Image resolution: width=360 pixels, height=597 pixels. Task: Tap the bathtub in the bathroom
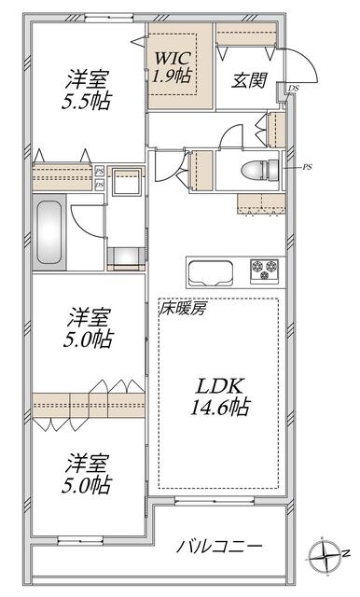(x=49, y=232)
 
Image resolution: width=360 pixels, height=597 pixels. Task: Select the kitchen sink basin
(x=211, y=272)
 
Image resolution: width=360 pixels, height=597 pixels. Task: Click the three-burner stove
(x=265, y=270)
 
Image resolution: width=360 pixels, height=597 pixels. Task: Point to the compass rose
(x=326, y=556)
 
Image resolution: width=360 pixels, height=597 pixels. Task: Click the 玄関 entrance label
(x=249, y=80)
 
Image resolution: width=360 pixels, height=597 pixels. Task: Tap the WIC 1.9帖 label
(x=173, y=67)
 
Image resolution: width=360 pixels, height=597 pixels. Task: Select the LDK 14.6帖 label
(x=220, y=396)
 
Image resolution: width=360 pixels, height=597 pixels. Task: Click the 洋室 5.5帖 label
(x=87, y=90)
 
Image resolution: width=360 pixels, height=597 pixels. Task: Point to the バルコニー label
(x=219, y=547)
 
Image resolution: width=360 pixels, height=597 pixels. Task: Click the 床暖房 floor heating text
(x=183, y=309)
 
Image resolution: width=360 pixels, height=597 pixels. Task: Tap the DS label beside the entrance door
(x=293, y=89)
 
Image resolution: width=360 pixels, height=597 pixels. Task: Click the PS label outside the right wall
(x=307, y=167)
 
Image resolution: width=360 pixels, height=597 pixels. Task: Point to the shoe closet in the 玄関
(x=246, y=35)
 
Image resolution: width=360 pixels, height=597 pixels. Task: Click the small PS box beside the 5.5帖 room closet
(x=99, y=171)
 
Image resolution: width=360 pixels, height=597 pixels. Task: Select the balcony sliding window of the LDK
(x=215, y=501)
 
